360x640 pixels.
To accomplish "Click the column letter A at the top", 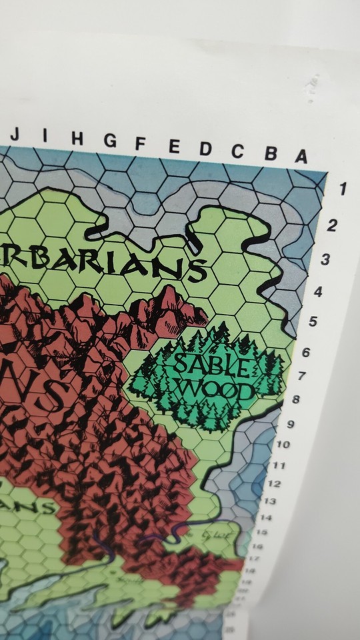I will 301,157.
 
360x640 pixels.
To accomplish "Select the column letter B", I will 271,154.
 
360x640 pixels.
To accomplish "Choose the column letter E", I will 174,146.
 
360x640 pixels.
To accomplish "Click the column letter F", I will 141,143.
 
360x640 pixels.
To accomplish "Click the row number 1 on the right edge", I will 343,189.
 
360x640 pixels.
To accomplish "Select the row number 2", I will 333,225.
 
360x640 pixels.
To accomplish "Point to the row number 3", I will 325,259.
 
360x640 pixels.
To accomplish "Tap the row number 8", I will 296,400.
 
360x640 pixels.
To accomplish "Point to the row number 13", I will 269,500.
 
